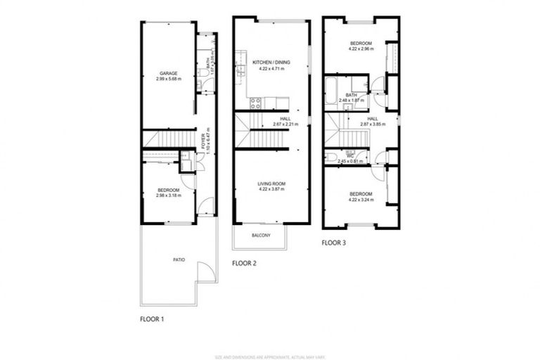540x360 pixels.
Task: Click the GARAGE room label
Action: coord(167,73)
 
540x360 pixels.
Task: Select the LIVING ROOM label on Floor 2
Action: coord(271,184)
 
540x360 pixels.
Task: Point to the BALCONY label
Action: coord(260,235)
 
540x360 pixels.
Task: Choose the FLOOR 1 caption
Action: coord(151,319)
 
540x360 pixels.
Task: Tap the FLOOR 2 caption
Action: coord(244,263)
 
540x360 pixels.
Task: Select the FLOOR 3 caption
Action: coord(334,243)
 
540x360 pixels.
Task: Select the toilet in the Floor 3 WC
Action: coord(329,157)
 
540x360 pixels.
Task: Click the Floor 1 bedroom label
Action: coord(168,190)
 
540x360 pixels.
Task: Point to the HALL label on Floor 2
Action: coord(285,119)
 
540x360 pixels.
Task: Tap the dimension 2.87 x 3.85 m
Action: coord(372,124)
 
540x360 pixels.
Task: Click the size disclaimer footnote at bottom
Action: coord(269,337)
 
